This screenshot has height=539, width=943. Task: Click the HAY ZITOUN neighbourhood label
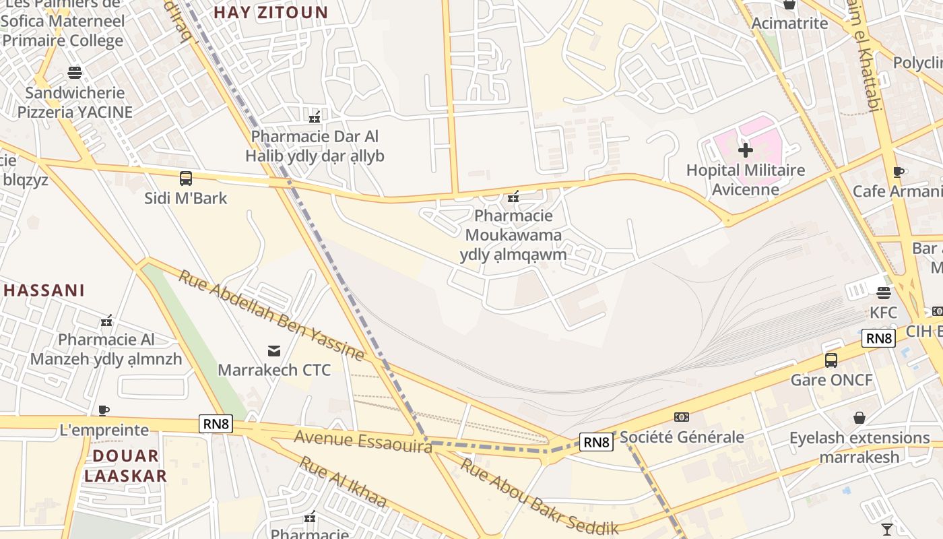(271, 12)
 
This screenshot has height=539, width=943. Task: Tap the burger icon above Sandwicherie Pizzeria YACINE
(75, 72)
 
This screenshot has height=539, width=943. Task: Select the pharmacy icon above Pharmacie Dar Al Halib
(314, 117)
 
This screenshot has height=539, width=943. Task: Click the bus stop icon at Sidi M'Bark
(185, 179)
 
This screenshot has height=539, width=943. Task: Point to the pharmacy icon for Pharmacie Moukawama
(513, 196)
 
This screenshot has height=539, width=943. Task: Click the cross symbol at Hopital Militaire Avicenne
(745, 150)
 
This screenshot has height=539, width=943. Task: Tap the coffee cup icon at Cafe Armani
(898, 172)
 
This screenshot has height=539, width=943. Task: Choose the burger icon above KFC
(883, 292)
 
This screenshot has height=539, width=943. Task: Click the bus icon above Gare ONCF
(831, 360)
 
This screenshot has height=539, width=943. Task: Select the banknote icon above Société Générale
(682, 417)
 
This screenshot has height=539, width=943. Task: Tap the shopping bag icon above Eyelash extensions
(859, 418)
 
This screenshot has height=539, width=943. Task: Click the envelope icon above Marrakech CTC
(274, 350)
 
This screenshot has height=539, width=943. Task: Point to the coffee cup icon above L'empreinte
(103, 410)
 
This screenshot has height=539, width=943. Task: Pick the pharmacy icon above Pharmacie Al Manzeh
(106, 320)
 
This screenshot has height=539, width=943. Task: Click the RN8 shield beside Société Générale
(596, 442)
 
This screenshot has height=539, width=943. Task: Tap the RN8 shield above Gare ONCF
(878, 338)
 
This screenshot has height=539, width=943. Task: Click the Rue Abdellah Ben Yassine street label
(271, 315)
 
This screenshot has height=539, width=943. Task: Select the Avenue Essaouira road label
(362, 441)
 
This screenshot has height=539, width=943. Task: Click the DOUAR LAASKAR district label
(125, 466)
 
